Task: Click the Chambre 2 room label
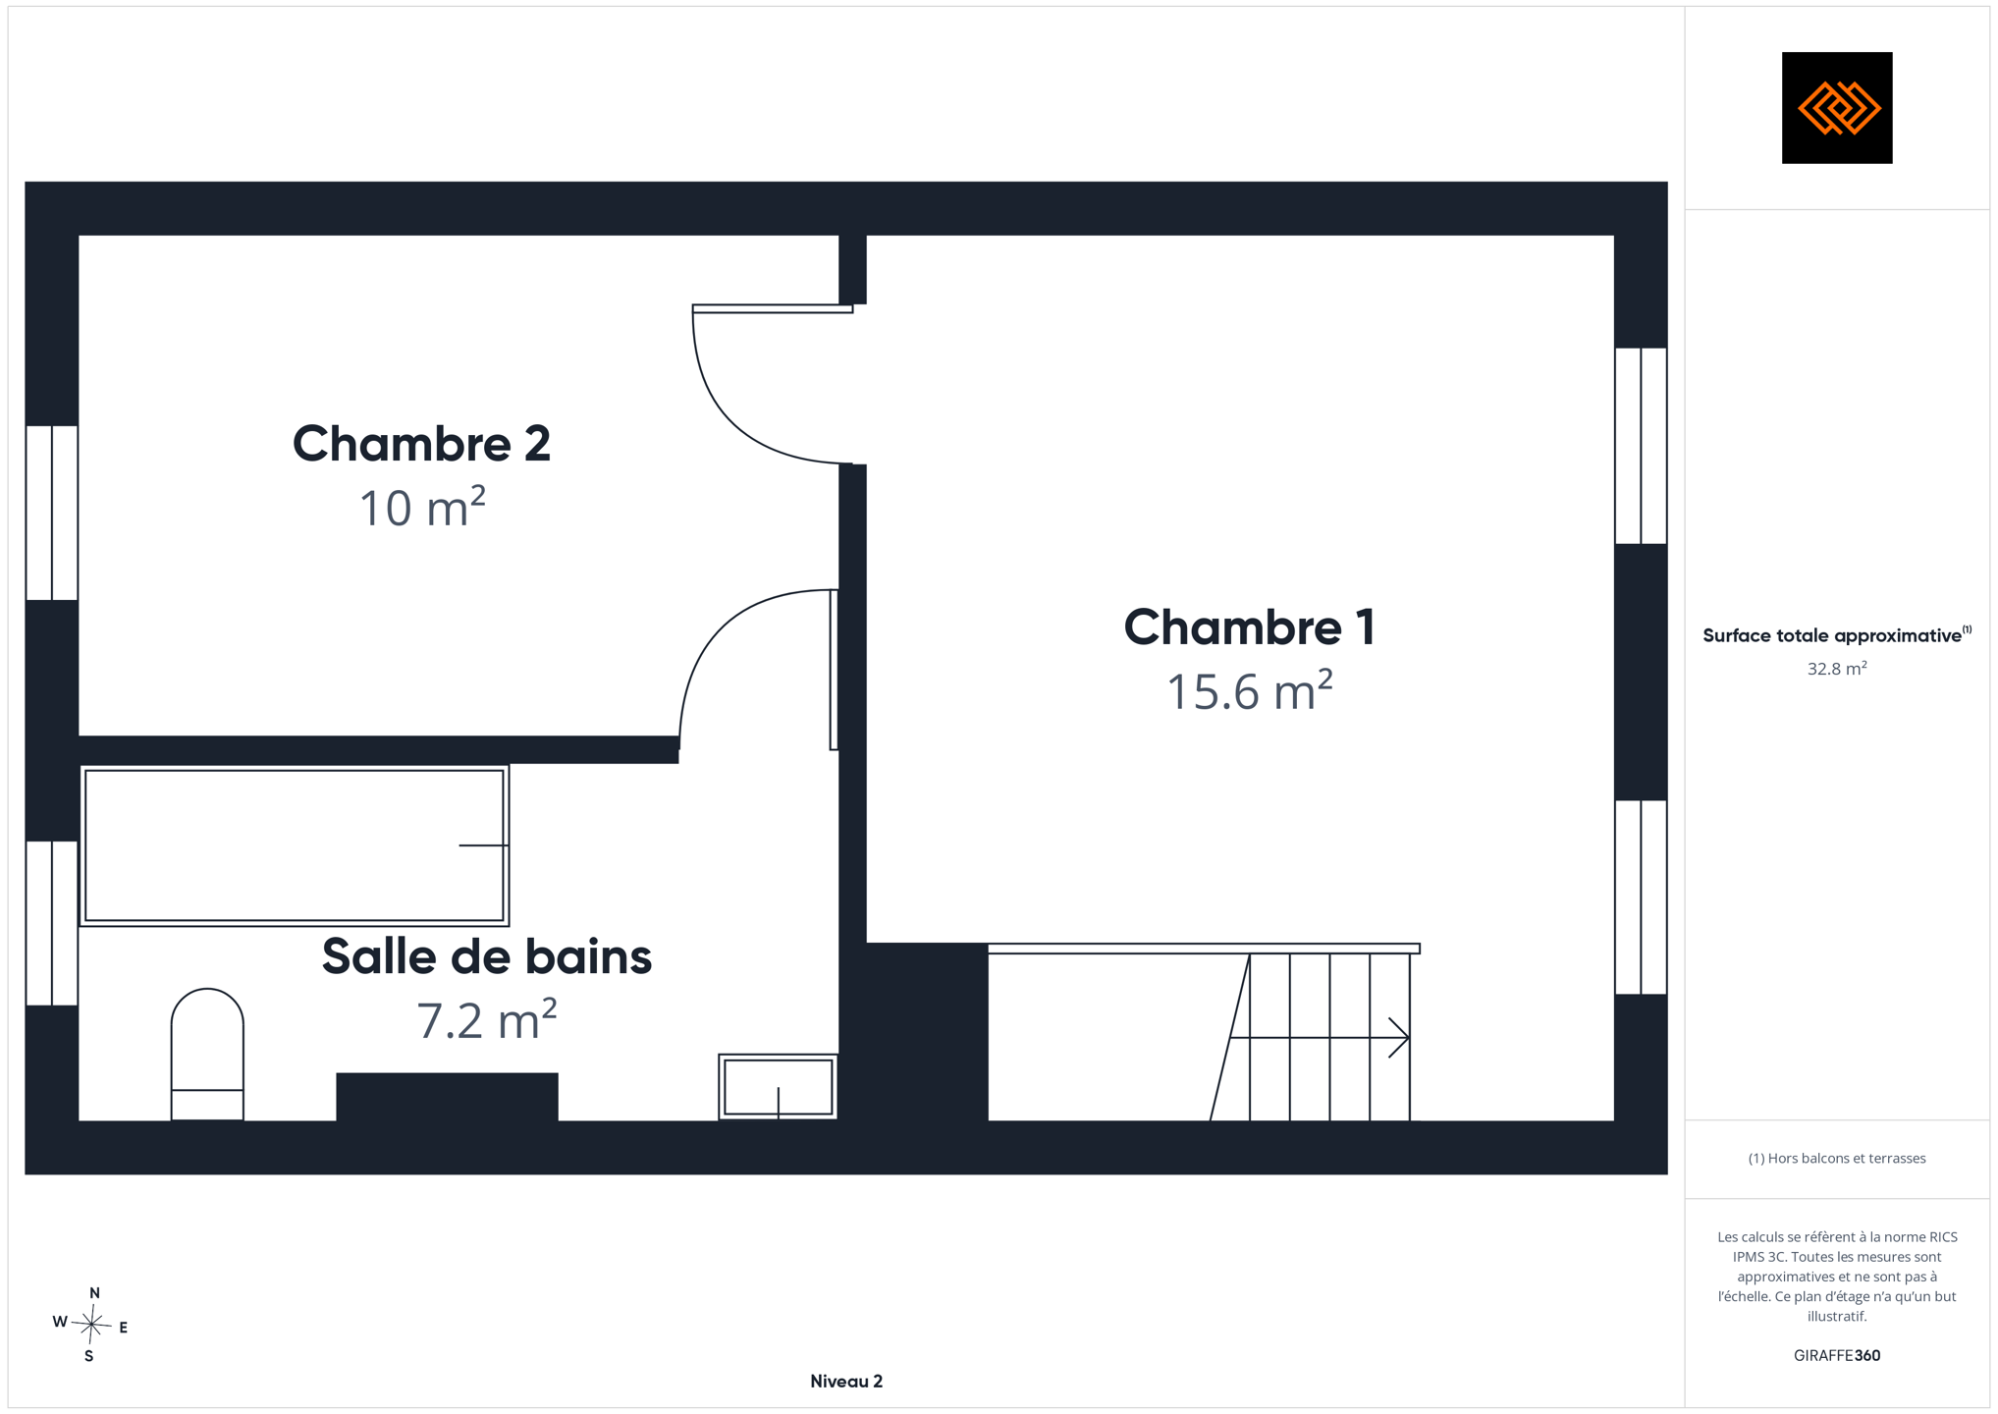click(421, 444)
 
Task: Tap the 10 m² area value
click(422, 508)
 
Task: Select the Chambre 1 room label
click(1249, 627)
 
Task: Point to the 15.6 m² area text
click(1249, 690)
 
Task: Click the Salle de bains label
click(487, 956)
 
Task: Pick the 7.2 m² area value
click(487, 1019)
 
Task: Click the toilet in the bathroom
click(207, 1055)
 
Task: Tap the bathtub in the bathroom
click(295, 845)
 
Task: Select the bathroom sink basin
click(778, 1087)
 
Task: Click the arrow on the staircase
click(1320, 1038)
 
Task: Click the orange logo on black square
click(1837, 108)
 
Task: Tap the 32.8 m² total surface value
click(1837, 669)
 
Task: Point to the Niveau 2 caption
click(846, 1382)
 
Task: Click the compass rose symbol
click(91, 1325)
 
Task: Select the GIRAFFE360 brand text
click(1837, 1356)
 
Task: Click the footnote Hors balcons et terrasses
click(1837, 1159)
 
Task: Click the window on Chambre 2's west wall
click(52, 513)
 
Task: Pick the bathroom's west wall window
click(52, 923)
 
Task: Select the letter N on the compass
click(94, 1293)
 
